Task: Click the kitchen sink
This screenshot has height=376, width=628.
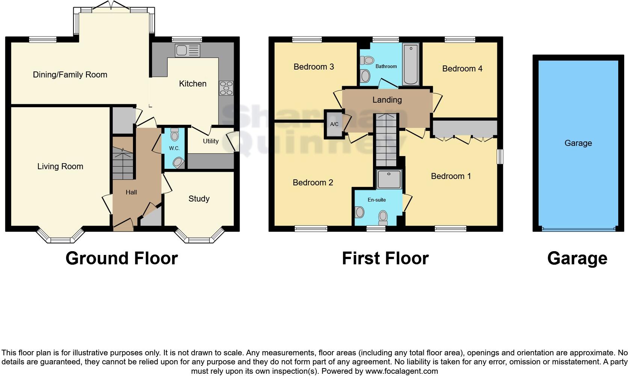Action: click(187, 50)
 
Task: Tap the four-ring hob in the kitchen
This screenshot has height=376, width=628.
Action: click(226, 88)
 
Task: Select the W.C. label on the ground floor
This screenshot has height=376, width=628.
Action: click(174, 148)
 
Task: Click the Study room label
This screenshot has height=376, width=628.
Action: click(199, 199)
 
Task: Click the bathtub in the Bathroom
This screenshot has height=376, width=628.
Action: click(411, 64)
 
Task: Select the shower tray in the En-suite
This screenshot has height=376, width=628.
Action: click(389, 179)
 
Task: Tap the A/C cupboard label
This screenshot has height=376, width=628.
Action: click(334, 124)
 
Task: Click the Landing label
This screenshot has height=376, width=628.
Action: click(387, 100)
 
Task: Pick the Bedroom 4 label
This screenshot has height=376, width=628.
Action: click(462, 68)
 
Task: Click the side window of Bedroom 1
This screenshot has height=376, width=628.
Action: click(500, 156)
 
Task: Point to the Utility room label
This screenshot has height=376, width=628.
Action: click(211, 141)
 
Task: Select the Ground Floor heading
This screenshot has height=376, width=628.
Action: click(121, 258)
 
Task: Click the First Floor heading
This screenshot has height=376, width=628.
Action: click(385, 258)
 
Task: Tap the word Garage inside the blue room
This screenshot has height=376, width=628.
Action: click(578, 143)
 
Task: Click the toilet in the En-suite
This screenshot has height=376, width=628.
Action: click(383, 217)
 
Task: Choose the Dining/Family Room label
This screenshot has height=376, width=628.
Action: click(70, 74)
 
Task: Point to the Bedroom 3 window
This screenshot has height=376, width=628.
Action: click(307, 39)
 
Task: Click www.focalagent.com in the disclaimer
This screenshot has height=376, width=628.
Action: click(402, 371)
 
